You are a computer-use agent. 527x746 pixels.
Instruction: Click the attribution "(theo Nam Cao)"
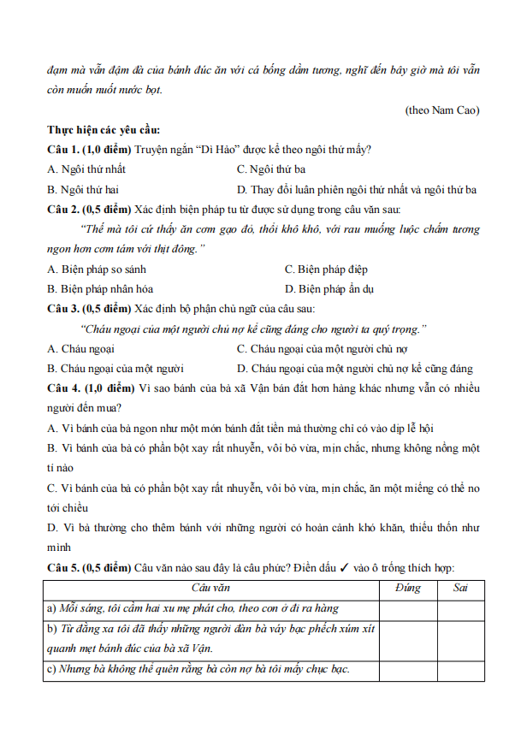click(442, 110)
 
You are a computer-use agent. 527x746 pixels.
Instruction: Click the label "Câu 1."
click(64, 150)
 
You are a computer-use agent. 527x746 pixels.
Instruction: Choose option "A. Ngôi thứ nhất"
click(86, 169)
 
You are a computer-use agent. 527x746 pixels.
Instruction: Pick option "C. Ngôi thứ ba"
click(271, 169)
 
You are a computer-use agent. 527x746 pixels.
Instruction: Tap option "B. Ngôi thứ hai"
click(83, 189)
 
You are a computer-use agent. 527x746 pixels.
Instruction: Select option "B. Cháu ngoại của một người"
click(116, 369)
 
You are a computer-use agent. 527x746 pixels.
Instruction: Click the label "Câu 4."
click(64, 388)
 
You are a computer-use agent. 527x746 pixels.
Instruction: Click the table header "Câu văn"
click(210, 588)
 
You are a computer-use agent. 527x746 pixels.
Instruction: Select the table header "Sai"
click(460, 588)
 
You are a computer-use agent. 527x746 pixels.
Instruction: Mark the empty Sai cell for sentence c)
click(460, 670)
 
